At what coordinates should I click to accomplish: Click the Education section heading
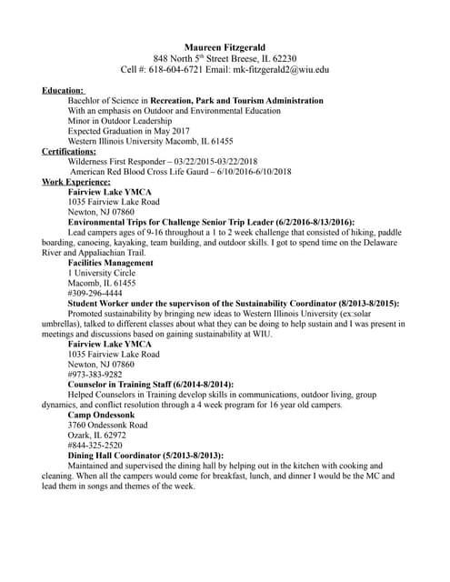pos(63,90)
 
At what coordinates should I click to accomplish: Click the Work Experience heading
pos(76,182)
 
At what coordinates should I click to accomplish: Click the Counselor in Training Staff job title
pos(150,385)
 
